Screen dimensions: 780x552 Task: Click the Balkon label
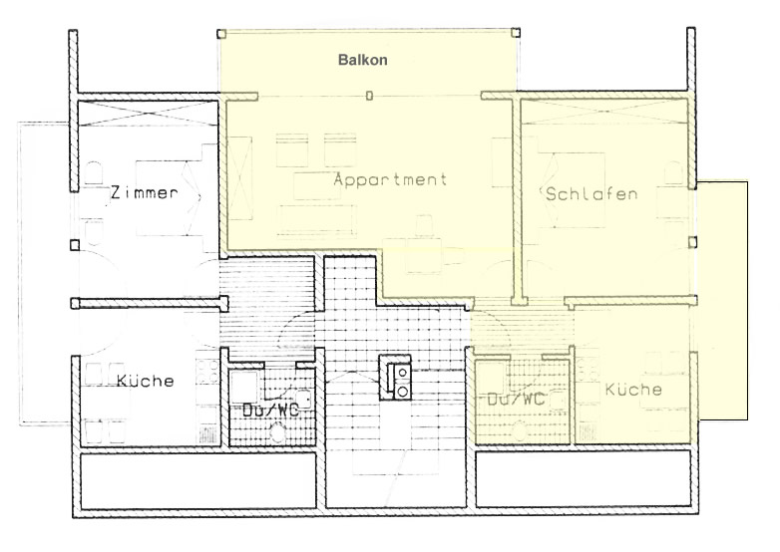[363, 60]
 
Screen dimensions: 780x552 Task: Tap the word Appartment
[390, 179]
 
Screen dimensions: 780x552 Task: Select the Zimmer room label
[144, 192]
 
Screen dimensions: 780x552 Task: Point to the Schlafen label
[591, 193]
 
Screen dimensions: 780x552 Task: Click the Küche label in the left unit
[146, 381]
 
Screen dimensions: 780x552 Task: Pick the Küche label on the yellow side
[633, 389]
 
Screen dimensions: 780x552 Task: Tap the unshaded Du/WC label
[270, 410]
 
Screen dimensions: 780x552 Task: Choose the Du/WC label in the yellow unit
[516, 399]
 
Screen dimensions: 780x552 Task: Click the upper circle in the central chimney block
[402, 372]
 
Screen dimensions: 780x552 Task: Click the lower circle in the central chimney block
[402, 392]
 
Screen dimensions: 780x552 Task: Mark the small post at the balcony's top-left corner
[221, 34]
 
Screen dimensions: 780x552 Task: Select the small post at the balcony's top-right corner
[516, 33]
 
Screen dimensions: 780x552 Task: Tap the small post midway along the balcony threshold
[369, 96]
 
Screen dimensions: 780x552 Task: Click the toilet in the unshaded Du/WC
[276, 431]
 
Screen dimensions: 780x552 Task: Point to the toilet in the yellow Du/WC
[520, 430]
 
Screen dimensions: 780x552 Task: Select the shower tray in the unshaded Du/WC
[243, 387]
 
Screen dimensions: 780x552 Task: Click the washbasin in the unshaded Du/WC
[303, 399]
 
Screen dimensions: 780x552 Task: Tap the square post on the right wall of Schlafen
[692, 242]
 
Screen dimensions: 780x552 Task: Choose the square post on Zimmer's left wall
[75, 245]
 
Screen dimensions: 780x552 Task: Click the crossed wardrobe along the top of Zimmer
[148, 114]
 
